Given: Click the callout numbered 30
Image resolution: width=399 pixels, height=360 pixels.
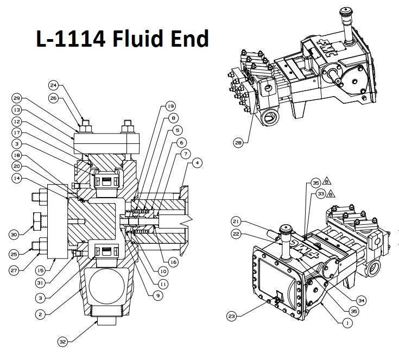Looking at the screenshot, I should (14, 234).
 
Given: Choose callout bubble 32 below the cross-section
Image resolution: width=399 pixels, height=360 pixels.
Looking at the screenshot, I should (64, 342).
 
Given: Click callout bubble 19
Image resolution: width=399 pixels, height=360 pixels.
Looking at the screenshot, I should (170, 106).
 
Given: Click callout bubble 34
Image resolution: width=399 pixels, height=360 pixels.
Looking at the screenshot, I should (361, 299).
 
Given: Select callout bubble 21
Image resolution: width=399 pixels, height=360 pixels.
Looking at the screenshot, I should (235, 222).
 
